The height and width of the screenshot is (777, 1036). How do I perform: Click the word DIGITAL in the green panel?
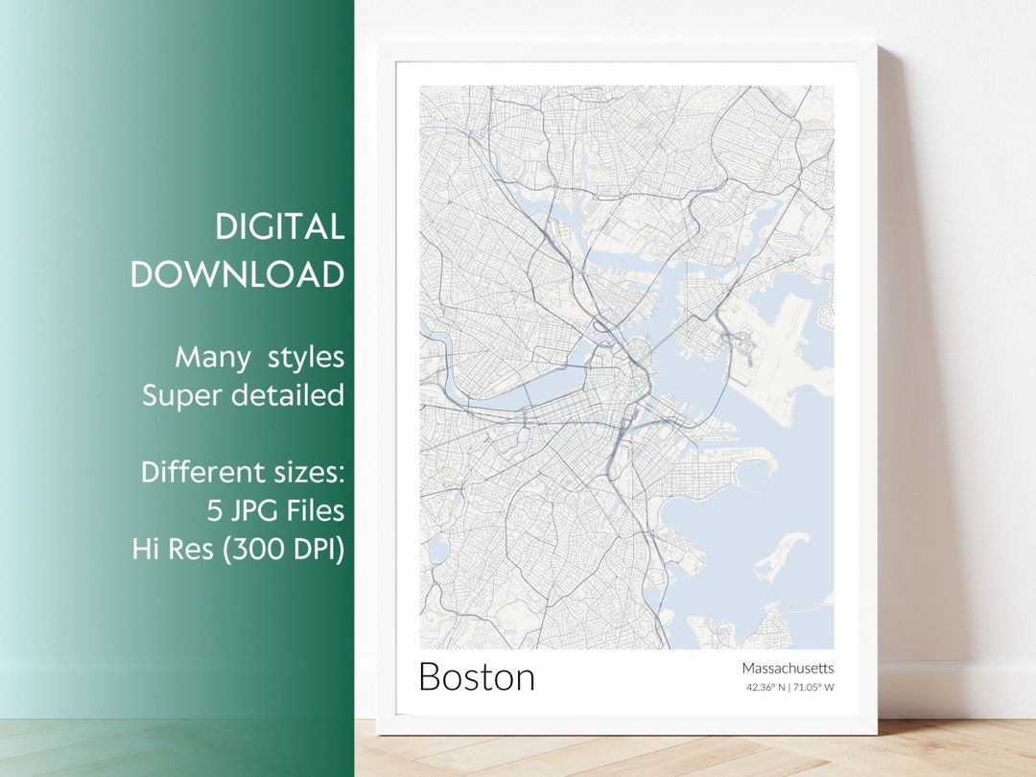279,227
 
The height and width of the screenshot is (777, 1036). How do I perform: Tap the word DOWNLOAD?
238,274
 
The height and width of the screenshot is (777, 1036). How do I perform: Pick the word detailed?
294,394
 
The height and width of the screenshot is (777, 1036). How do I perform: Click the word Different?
202,472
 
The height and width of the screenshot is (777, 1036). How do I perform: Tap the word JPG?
251,510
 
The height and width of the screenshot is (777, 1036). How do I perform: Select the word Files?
313,510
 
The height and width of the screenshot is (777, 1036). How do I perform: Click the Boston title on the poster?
477,677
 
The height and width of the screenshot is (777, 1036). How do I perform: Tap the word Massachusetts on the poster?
788,668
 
